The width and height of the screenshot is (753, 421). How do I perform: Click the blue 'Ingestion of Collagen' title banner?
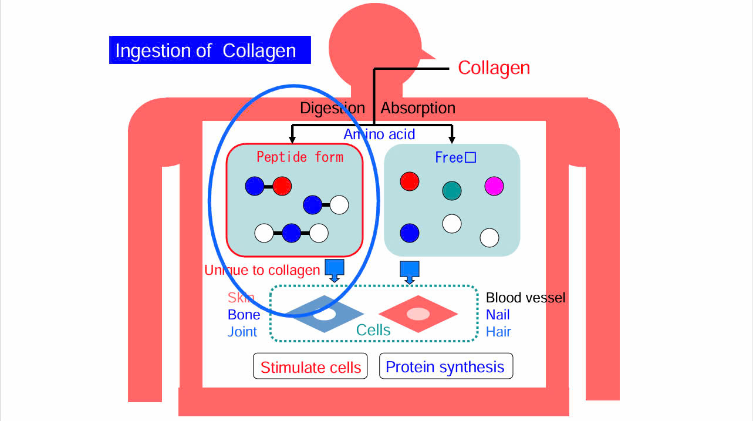pos(210,50)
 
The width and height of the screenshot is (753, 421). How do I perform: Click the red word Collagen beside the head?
pos(494,68)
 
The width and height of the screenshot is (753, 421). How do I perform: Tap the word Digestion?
pos(332,108)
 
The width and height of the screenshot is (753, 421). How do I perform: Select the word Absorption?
pos(418,108)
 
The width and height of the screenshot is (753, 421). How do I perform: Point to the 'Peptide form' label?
pos(300,157)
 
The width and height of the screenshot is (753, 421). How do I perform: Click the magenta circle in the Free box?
pos(494,186)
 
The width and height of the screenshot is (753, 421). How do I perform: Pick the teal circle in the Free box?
pos(452,190)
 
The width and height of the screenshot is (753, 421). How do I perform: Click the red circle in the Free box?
pos(409,181)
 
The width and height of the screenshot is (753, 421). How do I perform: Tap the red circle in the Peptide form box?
pos(282,186)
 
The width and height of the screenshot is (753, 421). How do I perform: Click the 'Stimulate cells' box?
pos(310,367)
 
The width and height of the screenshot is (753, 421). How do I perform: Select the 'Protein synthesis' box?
pos(445,366)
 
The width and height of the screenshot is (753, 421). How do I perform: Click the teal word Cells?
pos(373,330)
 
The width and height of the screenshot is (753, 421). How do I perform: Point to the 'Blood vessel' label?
pos(525,298)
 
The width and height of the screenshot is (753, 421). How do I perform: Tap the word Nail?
pos(498,315)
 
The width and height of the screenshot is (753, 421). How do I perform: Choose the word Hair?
pos(498,332)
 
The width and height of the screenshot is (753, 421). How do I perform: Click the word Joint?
pos(242,332)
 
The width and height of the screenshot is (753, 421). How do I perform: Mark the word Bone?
pos(244,315)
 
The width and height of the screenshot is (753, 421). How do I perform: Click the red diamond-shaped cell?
pos(418,314)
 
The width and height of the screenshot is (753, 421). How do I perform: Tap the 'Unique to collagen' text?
pos(262,270)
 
